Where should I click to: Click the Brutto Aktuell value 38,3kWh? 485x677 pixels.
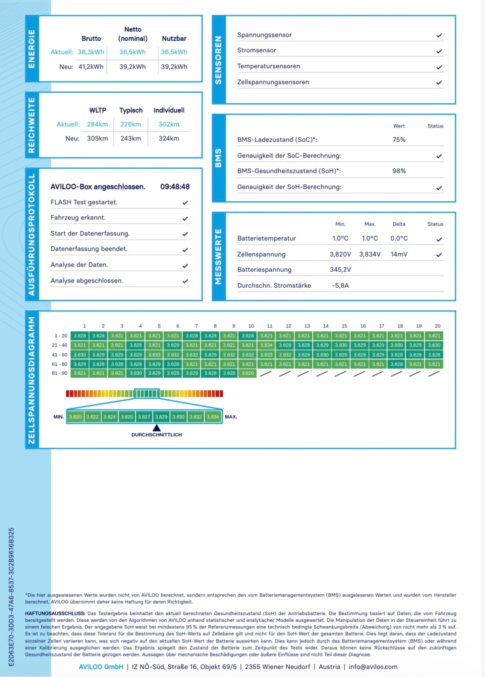pyautogui.click(x=91, y=52)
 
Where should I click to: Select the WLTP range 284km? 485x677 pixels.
pyautogui.click(x=97, y=124)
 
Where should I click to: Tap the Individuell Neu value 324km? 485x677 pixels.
pyautogui.click(x=169, y=138)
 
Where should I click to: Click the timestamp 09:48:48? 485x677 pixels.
pyautogui.click(x=175, y=187)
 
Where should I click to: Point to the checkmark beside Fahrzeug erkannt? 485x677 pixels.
pyautogui.click(x=185, y=218)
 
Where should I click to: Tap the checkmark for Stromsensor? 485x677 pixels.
pyautogui.click(x=439, y=51)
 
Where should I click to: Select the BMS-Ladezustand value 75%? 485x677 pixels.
pyautogui.click(x=399, y=140)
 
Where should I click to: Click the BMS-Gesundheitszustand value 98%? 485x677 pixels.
pyautogui.click(x=399, y=171)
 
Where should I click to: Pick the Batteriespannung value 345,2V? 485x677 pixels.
pyautogui.click(x=340, y=270)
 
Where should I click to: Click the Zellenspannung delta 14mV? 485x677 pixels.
pyautogui.click(x=399, y=254)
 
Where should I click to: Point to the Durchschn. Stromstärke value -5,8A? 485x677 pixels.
pyautogui.click(x=340, y=285)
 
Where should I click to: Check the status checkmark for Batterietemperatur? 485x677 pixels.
pyautogui.click(x=439, y=239)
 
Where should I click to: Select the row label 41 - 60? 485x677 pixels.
pyautogui.click(x=60, y=355)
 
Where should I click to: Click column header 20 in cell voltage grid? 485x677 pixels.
pyautogui.click(x=437, y=326)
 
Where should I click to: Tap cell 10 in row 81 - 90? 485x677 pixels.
pyautogui.click(x=248, y=373)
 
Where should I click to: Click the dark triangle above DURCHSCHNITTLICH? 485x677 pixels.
pyautogui.click(x=157, y=428)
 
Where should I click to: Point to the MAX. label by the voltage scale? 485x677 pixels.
pyautogui.click(x=231, y=417)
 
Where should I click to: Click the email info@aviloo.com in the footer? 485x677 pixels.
pyautogui.click(x=373, y=667)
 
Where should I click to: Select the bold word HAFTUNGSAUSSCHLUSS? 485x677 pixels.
pyautogui.click(x=55, y=613)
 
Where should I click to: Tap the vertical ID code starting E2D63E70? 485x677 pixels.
pyautogui.click(x=11, y=597)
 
